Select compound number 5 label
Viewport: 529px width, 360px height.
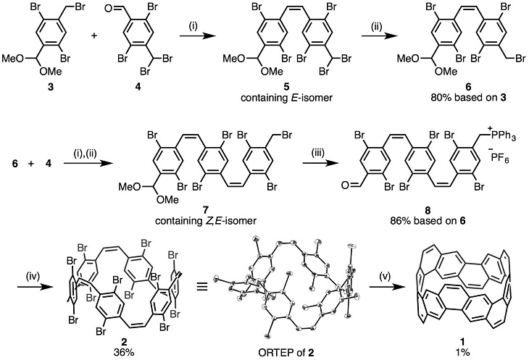click(286, 88)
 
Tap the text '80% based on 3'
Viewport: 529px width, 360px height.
click(468, 98)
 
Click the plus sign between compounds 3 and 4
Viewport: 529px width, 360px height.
click(93, 36)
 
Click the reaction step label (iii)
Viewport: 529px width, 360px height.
click(318, 154)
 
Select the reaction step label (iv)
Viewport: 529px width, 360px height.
click(33, 277)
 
